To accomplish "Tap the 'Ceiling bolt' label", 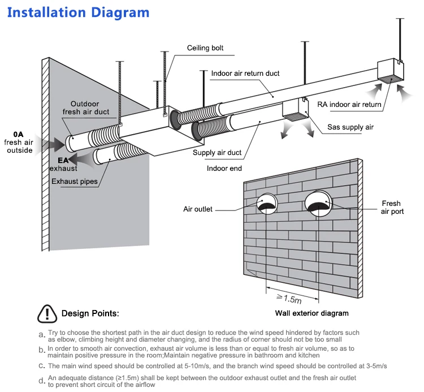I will [x=205, y=49].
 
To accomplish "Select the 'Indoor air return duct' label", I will [x=245, y=74].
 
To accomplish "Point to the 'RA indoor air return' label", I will [x=349, y=104].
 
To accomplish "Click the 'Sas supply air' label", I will [x=351, y=127].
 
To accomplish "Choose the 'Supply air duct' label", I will [x=217, y=153].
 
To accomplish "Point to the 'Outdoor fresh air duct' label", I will [x=85, y=107].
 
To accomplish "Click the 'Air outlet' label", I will [x=198, y=209].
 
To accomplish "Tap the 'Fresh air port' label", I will [x=391, y=208].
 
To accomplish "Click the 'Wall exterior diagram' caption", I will [x=311, y=313].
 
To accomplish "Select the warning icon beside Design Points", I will [x=47, y=313].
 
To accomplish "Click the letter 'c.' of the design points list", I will [x=42, y=366].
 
